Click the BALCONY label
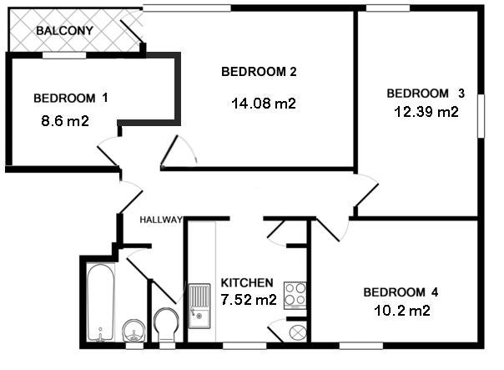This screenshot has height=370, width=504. pos(64,31)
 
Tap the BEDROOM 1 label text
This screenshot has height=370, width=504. pos(71,98)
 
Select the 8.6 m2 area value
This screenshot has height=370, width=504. pos(65,121)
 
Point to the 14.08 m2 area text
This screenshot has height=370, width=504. pos(264,104)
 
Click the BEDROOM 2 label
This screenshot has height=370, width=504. pos(259,72)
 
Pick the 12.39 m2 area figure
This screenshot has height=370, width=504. pos(426,112)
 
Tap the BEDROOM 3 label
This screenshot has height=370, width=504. pos(426,94)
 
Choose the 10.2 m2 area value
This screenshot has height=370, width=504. pos(402,311)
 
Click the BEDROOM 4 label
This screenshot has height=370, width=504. pos(401,292)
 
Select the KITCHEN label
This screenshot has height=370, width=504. pos(247,282)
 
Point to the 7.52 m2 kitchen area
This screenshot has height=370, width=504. pos(249,300)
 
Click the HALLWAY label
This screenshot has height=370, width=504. pos(161,220)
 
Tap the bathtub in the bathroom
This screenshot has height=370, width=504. pos(101,302)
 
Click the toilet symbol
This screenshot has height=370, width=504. pos(166,325)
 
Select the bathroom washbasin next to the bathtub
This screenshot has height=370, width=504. pos(134,331)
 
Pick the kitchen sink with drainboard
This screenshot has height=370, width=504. pos(199,306)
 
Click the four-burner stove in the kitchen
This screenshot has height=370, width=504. pos(295,296)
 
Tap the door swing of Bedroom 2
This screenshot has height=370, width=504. pos(179,150)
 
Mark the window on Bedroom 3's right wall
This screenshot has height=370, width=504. pos(481,116)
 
